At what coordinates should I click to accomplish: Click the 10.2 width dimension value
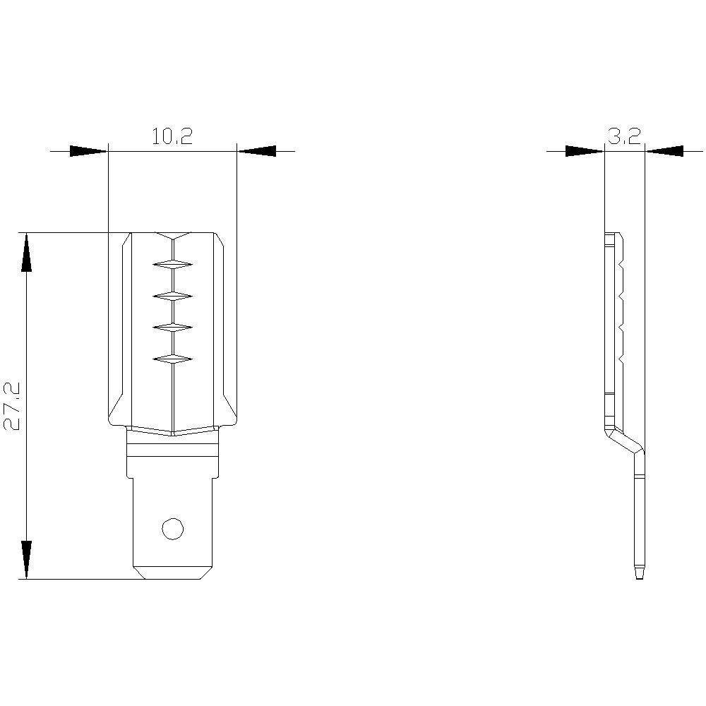tap(172, 136)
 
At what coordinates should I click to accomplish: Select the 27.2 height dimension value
tap(11, 406)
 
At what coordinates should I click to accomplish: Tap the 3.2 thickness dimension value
tap(624, 136)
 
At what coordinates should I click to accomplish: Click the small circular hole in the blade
tap(172, 528)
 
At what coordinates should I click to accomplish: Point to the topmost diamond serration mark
tap(172, 264)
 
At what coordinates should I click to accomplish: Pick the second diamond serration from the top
tap(172, 296)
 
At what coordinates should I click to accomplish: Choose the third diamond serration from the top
tap(172, 328)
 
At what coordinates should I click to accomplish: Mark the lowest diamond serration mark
tap(172, 359)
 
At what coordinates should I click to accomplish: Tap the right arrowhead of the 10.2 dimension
tap(256, 151)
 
